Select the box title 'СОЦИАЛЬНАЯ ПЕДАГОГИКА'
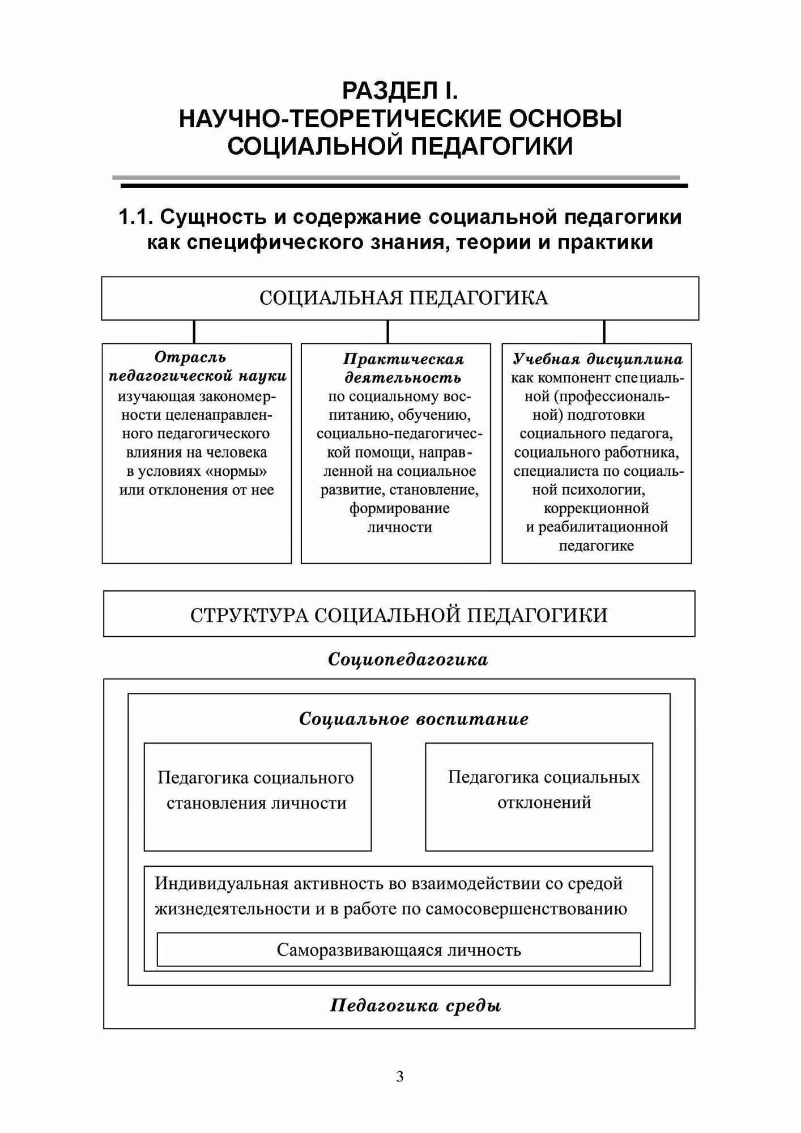tap(403, 298)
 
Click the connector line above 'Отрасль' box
tap(194, 331)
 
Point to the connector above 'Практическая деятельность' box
tap(388, 331)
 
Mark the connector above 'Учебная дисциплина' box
tap(604, 331)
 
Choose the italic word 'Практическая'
tap(403, 359)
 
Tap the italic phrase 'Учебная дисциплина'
tap(597, 359)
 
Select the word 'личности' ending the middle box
tap(399, 527)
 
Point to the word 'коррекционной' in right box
tap(596, 508)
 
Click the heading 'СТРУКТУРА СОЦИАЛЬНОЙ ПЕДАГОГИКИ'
tap(399, 615)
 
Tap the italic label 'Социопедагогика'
tap(408, 660)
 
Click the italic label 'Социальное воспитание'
tap(414, 719)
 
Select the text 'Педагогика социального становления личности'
tap(256, 790)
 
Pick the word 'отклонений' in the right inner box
tap(544, 803)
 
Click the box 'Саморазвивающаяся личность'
tap(399, 950)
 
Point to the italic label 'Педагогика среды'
tap(415, 1006)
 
